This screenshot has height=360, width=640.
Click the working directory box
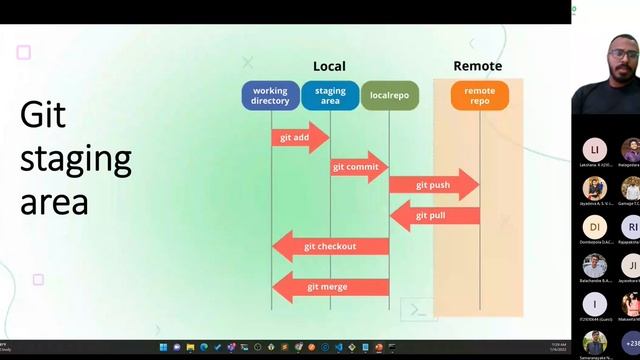pos(270,96)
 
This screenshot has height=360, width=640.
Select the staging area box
pos(330,96)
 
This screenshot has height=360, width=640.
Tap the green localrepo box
pos(389,96)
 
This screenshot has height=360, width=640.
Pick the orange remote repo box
pos(480,96)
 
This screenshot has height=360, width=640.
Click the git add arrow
pos(299,137)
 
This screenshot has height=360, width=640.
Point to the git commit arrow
pos(358,167)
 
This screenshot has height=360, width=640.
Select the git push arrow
pos(433,185)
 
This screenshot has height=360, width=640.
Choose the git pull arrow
pos(433,216)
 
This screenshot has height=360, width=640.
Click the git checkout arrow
pos(330,246)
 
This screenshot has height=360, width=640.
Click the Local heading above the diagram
pos(329,67)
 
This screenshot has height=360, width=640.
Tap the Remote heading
pos(478,67)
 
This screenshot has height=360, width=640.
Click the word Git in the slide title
pos(43,115)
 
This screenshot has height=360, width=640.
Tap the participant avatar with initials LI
pos(594,149)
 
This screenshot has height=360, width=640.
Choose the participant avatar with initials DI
pos(594,226)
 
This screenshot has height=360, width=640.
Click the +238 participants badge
pos(631,342)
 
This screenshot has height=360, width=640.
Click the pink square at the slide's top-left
pos(24,52)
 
